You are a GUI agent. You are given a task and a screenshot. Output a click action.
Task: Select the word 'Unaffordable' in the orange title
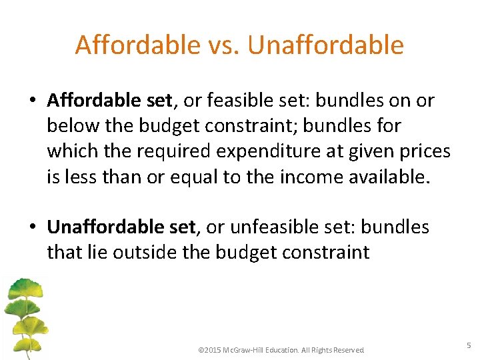[325, 45]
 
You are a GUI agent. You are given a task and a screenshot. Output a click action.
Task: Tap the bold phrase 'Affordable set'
[109, 101]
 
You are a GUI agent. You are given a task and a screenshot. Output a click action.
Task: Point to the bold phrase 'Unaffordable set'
[121, 227]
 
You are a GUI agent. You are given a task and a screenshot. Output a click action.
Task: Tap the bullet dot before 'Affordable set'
[33, 101]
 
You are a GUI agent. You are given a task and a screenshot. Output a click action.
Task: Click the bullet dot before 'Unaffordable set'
[33, 228]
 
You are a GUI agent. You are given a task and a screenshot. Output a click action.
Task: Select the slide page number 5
[469, 345]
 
